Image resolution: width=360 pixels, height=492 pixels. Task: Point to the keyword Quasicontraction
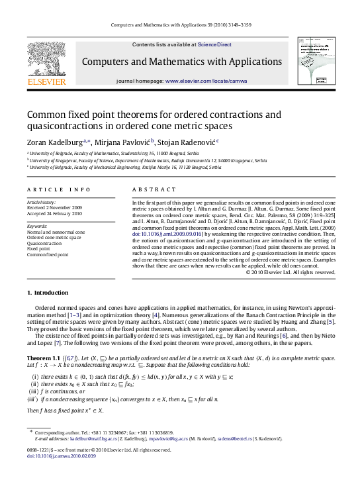pos(45,244)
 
